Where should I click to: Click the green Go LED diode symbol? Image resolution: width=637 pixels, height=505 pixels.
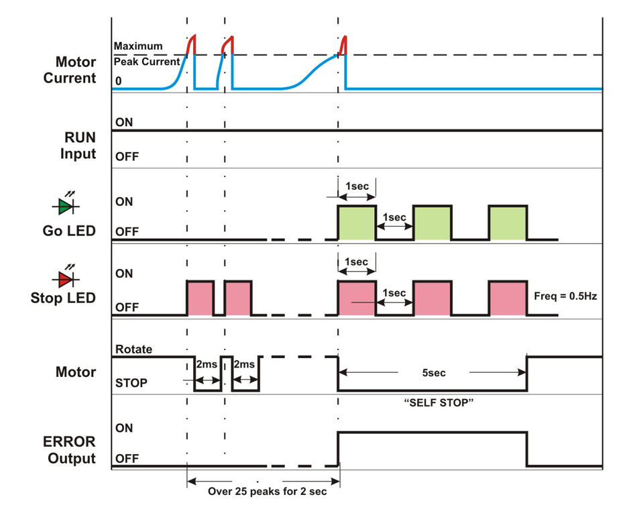(x=66, y=205)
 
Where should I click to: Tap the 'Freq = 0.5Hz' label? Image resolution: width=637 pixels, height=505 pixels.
(x=565, y=296)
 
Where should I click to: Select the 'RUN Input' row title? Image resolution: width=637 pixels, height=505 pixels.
(x=79, y=146)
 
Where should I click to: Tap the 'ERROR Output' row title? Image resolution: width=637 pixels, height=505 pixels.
(x=70, y=451)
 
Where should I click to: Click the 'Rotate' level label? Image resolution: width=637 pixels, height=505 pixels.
(x=134, y=349)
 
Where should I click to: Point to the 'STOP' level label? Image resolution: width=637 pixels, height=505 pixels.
(x=131, y=383)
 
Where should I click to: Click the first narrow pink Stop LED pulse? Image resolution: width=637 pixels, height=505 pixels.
(x=200, y=298)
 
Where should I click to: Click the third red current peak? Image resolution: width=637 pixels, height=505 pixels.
(x=342, y=47)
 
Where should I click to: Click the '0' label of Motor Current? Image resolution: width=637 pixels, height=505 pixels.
(x=119, y=81)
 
